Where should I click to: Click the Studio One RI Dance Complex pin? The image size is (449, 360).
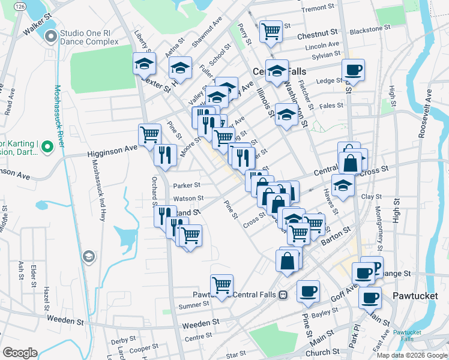pos(50,37)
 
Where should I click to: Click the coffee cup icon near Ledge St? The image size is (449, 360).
pos(354,70)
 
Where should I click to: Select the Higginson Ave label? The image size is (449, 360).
pos(107,152)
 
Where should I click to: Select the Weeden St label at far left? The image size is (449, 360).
pos(64,322)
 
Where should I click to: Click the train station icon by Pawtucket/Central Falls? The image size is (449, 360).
pos(283,295)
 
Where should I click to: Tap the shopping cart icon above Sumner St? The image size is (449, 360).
pos(221,284)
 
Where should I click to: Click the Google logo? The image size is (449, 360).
pos(20,353)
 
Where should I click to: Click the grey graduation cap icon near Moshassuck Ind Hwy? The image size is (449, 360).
pos(89,257)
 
